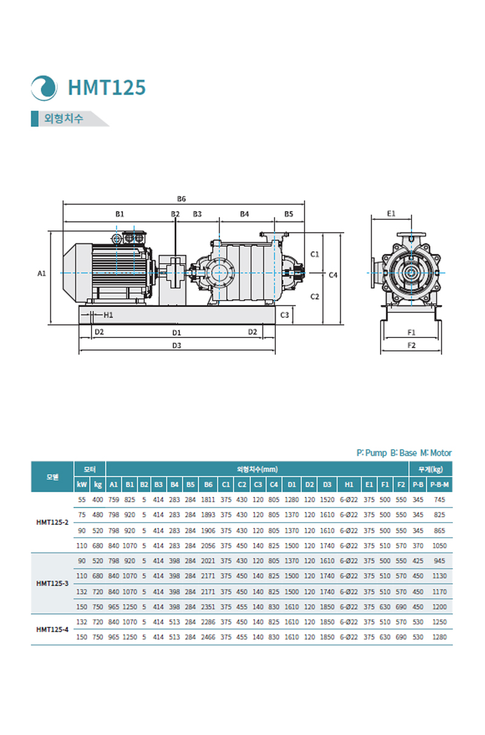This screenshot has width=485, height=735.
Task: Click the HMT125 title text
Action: tap(107, 87)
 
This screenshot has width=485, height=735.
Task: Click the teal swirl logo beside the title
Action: tap(44, 88)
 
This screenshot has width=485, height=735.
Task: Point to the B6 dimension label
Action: tap(181, 199)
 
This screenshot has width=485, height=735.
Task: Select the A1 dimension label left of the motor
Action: tap(41, 274)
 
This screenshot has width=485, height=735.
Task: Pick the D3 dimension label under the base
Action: tap(176, 345)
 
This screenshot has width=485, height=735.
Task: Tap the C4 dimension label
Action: tap(333, 275)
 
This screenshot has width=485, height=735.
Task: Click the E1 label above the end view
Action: tap(391, 214)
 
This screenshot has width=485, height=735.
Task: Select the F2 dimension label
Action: tap(411, 345)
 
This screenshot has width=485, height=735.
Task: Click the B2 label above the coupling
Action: tap(175, 214)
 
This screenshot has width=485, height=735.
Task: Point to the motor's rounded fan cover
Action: tap(73, 273)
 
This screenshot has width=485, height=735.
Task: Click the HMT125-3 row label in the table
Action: tap(52, 583)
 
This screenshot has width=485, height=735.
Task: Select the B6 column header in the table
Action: tap(208, 484)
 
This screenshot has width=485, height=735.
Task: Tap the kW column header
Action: tap(82, 484)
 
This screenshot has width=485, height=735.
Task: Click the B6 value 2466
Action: tap(208, 637)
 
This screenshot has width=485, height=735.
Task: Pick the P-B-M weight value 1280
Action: tap(439, 637)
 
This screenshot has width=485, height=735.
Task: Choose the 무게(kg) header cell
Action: tap(430, 469)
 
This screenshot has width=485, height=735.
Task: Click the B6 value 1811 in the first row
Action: tap(208, 500)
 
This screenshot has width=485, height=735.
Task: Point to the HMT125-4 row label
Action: tap(52, 629)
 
